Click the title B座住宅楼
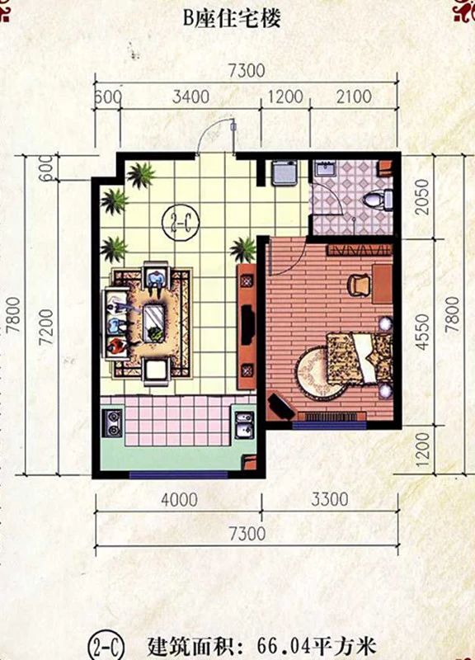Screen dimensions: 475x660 coord(232,19)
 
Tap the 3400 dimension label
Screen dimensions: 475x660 coord(190,97)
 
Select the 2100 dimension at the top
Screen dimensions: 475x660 coord(354,97)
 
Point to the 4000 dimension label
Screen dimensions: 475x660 coord(179,500)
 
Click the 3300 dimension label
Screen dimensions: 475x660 coord(329,500)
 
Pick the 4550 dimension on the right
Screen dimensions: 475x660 coord(422,332)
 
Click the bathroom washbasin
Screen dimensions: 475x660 coord(324,169)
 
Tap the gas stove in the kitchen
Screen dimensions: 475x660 coord(113,423)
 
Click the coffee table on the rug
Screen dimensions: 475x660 coord(154,323)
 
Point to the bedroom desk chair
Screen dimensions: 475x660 coord(359,285)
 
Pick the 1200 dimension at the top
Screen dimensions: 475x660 coord(285,97)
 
